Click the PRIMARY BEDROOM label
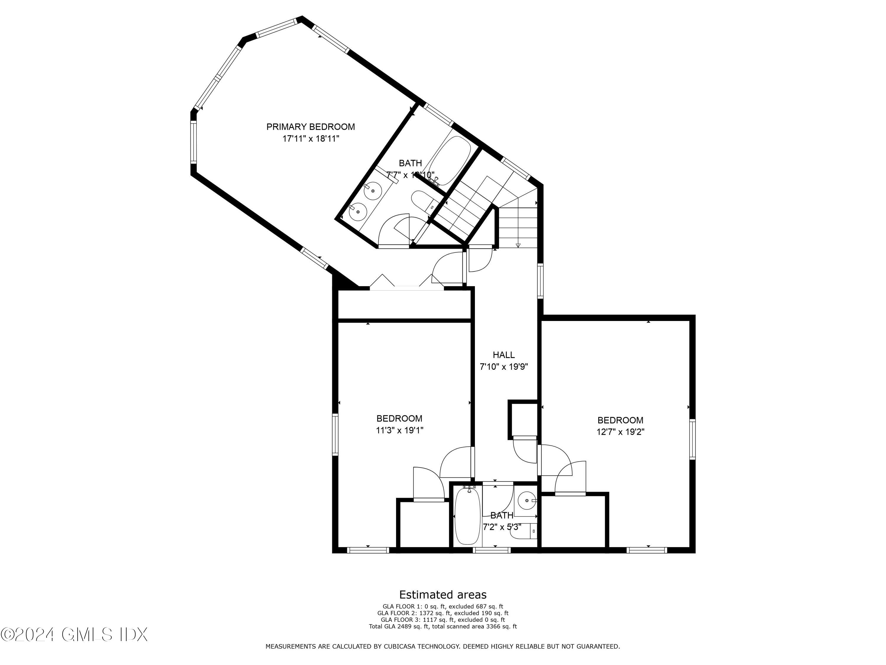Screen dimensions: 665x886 click(x=310, y=127)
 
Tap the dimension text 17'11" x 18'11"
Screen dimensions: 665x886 click(x=311, y=139)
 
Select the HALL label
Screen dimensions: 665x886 click(x=504, y=354)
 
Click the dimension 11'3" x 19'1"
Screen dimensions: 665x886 click(x=399, y=430)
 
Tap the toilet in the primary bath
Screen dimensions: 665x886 click(x=423, y=200)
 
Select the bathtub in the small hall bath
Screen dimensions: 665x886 click(x=468, y=518)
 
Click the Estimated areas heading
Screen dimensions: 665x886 click(x=443, y=594)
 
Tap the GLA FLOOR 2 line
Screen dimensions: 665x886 click(x=443, y=613)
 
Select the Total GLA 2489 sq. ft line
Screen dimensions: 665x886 click(x=443, y=626)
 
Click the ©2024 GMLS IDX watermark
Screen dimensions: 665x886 click(x=74, y=635)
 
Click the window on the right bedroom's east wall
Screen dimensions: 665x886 click(x=692, y=439)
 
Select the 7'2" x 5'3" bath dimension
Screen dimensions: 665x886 click(x=501, y=527)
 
